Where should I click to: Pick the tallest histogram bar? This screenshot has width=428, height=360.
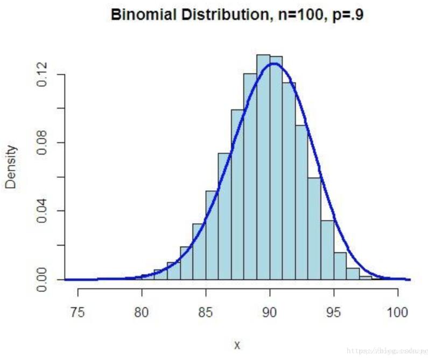[263, 167]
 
